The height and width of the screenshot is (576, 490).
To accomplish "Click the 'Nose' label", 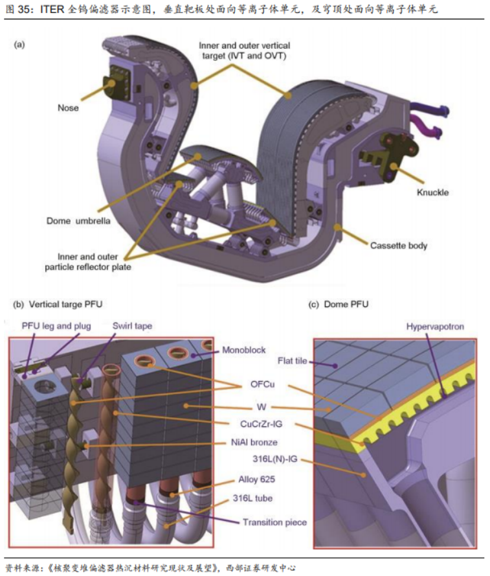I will [67, 108].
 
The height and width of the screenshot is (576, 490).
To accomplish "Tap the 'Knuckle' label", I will [433, 192].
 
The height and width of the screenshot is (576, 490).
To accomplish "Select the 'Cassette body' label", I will [398, 246].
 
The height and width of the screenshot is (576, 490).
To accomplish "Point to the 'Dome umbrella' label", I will [79, 220].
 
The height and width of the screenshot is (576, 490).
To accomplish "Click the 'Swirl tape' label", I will [132, 326].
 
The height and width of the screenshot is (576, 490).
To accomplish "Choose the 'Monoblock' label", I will [243, 350].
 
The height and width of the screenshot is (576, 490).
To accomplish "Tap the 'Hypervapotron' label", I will [435, 326].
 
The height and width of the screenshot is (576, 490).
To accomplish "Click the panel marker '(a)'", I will [19, 45].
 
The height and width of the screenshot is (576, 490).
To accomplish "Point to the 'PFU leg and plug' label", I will [56, 326].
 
